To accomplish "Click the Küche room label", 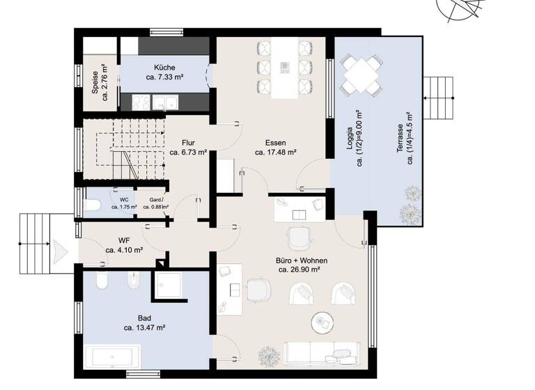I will pos(164,68).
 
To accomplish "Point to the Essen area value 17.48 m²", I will pos(277,151).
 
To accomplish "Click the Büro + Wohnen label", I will pos(302,260).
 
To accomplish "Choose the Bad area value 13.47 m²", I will pos(144,327).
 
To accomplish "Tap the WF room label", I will pos(125,240).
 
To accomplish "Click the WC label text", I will pos(124,199).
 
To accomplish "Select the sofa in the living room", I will pos(322,353).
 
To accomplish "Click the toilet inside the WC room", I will pos(95,205).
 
